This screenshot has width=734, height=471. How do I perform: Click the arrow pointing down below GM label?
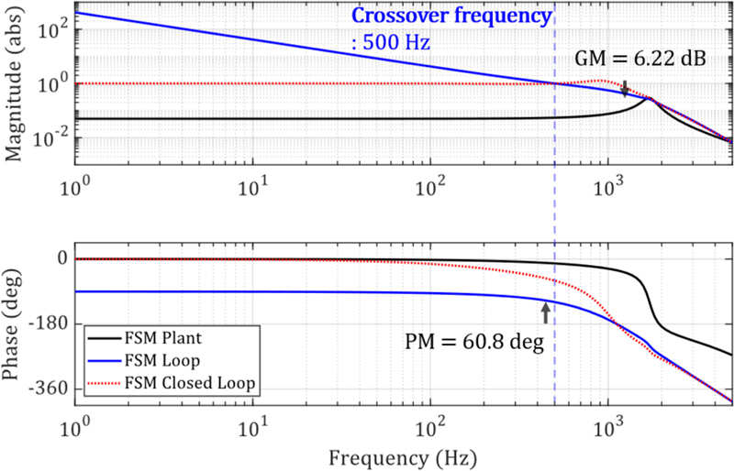pyautogui.click(x=625, y=88)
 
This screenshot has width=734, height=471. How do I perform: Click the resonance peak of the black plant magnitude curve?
pyautogui.click(x=650, y=98)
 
